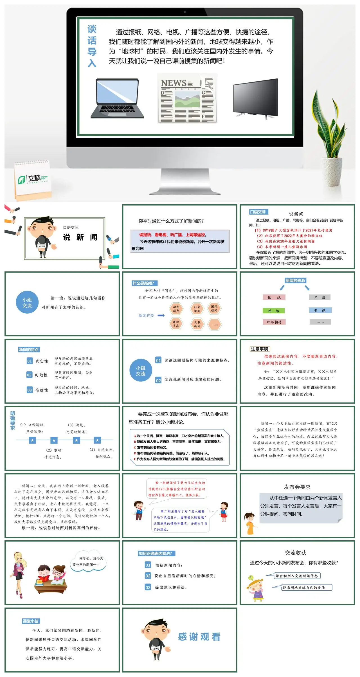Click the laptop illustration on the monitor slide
[x=117, y=98]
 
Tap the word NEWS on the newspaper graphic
[x=174, y=83]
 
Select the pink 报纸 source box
[x=274, y=297]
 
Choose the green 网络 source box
[x=274, y=311]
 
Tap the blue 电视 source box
[x=320, y=310]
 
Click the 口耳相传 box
[x=274, y=322]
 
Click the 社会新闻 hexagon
[x=197, y=309]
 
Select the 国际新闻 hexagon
[x=214, y=308]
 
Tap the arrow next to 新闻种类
[x=161, y=316]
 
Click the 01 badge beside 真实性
[x=30, y=361]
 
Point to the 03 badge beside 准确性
[x=30, y=390]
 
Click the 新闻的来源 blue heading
[x=295, y=280]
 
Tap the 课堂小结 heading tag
[x=31, y=621]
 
